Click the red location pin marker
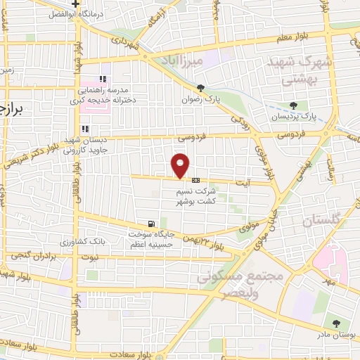click(181, 165)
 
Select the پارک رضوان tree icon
click(201, 88)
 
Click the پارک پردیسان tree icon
click(302, 105)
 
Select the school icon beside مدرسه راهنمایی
click(103, 79)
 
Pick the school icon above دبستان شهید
click(85, 129)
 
